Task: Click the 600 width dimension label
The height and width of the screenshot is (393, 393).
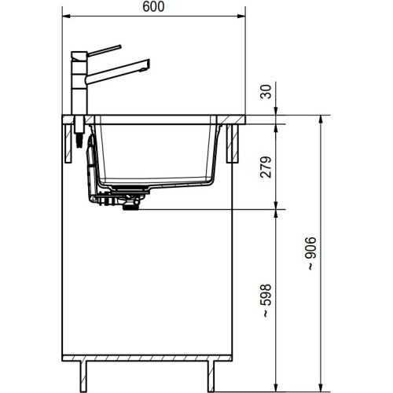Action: click(x=153, y=6)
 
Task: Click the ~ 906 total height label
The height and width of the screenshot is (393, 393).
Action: click(x=312, y=254)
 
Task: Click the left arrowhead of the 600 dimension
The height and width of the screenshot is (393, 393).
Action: click(x=66, y=16)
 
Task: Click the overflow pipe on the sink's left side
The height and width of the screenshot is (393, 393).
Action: click(x=91, y=165)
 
